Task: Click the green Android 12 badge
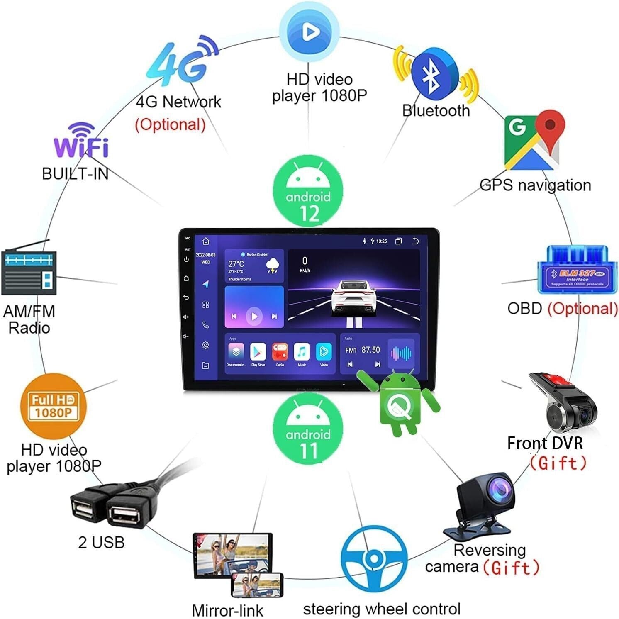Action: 308,192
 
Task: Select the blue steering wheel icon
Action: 373,558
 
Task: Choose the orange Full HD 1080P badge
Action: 53,406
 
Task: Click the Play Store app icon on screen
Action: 258,352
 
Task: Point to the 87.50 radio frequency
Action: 370,350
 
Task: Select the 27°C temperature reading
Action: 236,264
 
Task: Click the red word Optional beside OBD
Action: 582,309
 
